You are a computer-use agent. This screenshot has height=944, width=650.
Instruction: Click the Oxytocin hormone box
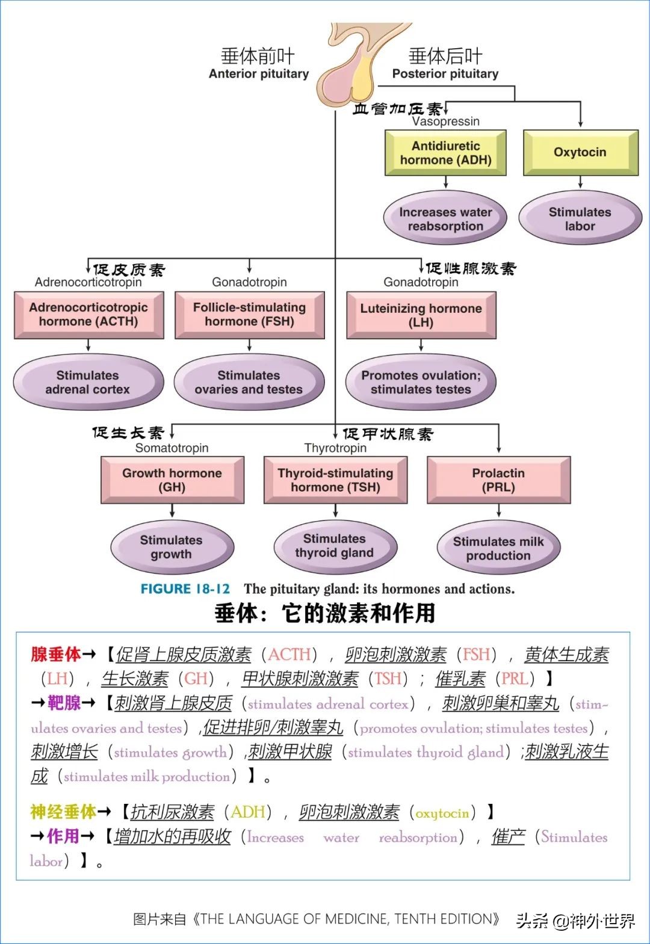(x=580, y=152)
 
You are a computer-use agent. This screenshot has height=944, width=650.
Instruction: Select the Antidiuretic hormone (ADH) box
(x=445, y=153)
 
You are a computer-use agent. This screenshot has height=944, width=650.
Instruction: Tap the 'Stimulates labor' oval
(x=580, y=219)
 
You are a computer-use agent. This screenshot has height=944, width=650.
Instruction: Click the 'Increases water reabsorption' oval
(x=445, y=219)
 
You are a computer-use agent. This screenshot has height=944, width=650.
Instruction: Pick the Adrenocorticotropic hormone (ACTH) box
(x=88, y=315)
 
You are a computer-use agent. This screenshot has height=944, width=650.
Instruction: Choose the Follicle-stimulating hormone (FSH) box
(x=249, y=315)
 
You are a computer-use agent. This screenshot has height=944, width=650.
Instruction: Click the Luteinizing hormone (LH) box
(x=421, y=315)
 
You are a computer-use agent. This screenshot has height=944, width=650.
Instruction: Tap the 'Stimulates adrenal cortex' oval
(x=88, y=382)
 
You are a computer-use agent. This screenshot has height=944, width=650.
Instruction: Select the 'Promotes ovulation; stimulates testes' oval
(x=421, y=382)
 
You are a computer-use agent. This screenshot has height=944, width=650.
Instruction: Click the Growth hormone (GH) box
(x=172, y=480)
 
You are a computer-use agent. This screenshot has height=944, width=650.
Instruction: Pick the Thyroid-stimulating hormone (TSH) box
(x=335, y=480)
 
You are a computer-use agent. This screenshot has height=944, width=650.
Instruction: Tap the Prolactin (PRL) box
(x=498, y=480)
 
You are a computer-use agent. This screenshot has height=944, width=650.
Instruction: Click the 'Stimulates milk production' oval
(x=498, y=548)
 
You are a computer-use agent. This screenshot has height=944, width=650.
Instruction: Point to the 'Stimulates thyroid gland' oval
(x=335, y=546)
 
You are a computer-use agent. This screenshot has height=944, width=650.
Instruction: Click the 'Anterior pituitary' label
(x=259, y=74)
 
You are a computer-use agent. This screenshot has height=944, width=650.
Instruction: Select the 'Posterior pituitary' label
(x=445, y=74)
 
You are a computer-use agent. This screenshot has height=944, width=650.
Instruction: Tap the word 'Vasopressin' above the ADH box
(x=446, y=122)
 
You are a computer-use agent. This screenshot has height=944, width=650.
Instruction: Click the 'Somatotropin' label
(x=172, y=448)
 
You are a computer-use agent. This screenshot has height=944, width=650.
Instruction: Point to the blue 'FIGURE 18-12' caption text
(x=185, y=589)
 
